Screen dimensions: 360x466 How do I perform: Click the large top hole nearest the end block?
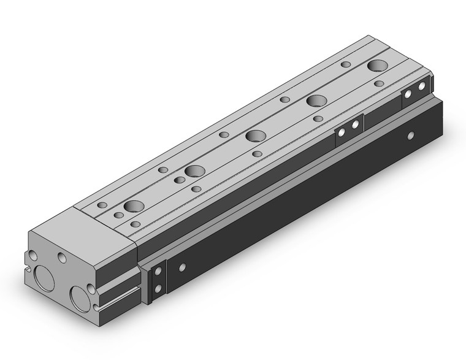click(x=134, y=206)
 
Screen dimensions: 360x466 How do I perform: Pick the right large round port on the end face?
click(x=81, y=296)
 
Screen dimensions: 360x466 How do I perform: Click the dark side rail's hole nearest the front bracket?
click(x=182, y=267)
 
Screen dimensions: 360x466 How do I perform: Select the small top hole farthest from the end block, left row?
click(x=346, y=64)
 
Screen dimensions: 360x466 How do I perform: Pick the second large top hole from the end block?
click(x=195, y=170)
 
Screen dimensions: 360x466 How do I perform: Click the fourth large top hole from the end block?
click(x=316, y=101)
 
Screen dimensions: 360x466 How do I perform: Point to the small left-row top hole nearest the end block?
click(x=102, y=204)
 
